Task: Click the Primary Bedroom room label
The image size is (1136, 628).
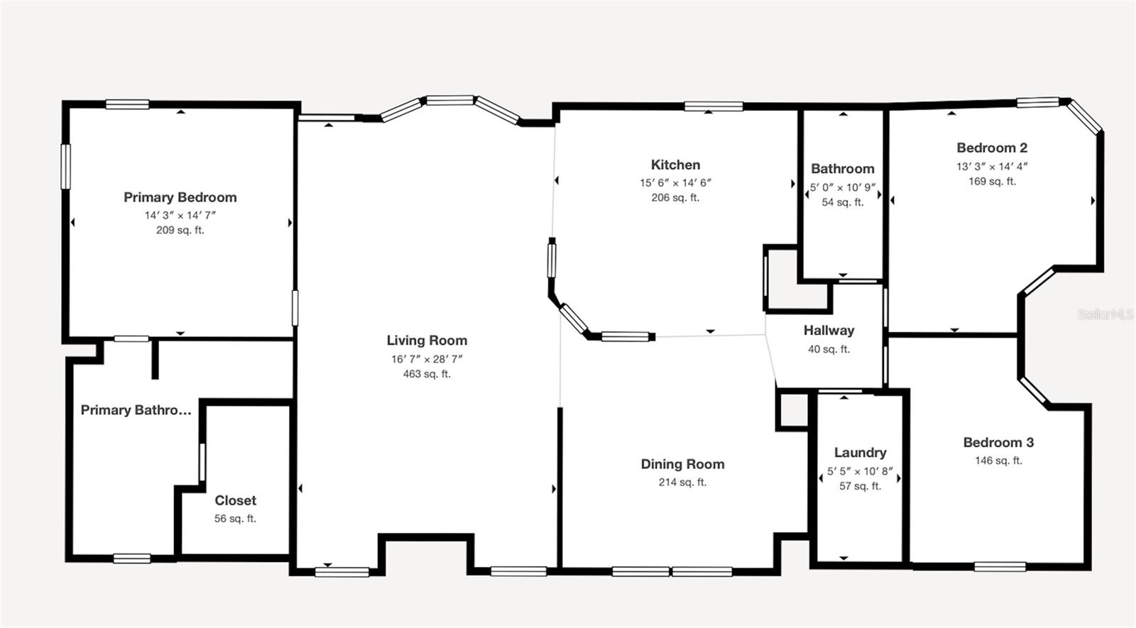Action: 180,197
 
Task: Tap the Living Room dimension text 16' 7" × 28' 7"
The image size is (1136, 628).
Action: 427,359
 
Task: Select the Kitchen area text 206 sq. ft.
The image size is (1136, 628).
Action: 675,198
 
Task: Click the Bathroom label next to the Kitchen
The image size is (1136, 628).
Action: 842,169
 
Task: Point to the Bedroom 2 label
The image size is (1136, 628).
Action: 991,148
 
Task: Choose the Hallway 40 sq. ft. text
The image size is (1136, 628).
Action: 829,349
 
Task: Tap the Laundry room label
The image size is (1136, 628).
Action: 860,453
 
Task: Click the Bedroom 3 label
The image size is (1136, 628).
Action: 998,443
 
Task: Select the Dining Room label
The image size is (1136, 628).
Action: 682,464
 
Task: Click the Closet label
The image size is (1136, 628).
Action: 235,500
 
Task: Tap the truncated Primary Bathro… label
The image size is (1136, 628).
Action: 136,410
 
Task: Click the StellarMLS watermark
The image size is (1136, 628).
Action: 1105,314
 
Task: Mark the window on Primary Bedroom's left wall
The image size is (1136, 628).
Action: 66,167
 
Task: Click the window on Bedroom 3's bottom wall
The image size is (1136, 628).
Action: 1000,566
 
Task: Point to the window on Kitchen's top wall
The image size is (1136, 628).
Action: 714,106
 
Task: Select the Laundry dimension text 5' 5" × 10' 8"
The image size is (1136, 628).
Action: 860,471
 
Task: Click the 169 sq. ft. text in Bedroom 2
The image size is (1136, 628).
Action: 991,182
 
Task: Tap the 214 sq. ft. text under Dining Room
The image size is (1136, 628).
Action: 682,483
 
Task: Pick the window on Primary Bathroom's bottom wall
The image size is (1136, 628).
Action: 131,558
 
